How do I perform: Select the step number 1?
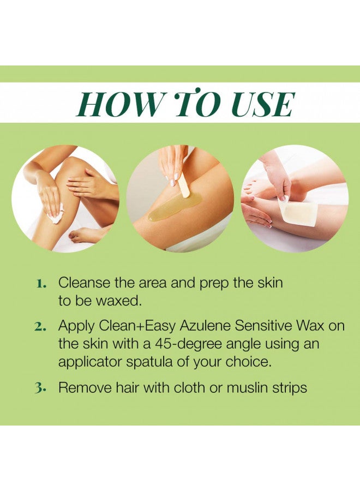click(x=41, y=284)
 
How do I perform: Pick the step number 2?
click(x=41, y=327)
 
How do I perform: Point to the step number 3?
click(x=41, y=388)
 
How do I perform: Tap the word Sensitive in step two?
click(x=264, y=326)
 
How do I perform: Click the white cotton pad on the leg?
click(x=55, y=215)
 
